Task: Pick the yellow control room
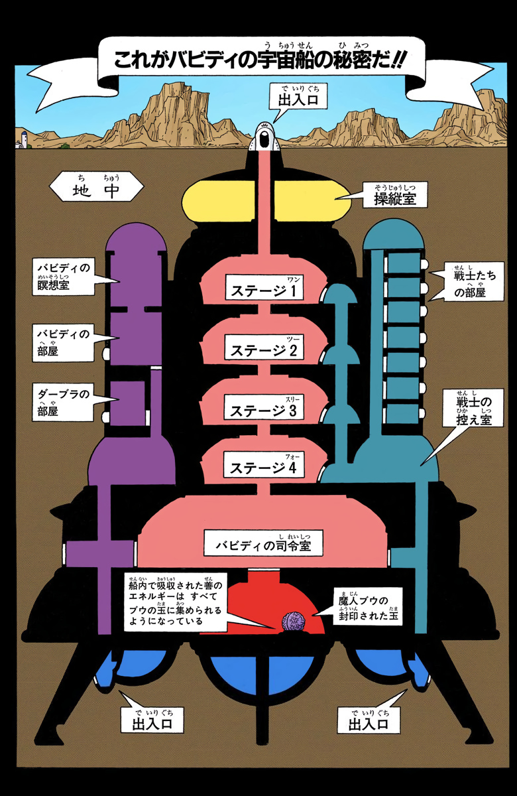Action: [x=265, y=199]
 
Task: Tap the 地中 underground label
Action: [x=97, y=188]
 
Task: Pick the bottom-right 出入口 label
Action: [x=367, y=720]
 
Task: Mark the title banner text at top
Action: [x=258, y=58]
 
